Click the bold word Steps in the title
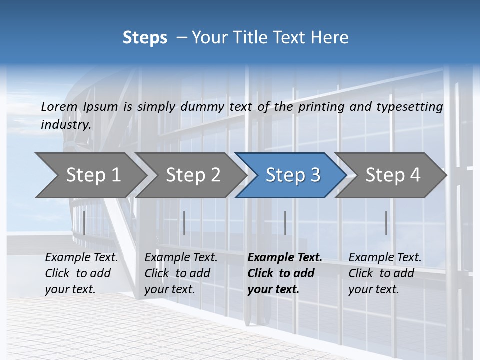coord(145,38)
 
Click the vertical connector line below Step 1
coord(84,223)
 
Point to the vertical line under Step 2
coord(184,223)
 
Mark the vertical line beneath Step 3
coord(285,223)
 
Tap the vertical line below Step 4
coord(386,223)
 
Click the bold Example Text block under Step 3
coord(285,273)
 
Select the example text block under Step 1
coord(81,273)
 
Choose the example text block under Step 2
coord(181,273)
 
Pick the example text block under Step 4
coord(385,273)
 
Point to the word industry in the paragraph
coord(66,124)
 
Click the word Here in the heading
coord(331,38)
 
